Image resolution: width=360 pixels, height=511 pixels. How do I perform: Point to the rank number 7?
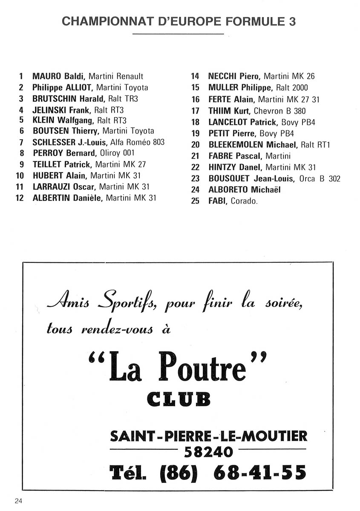[21, 142]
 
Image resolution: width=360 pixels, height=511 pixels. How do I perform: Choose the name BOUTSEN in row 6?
[50, 131]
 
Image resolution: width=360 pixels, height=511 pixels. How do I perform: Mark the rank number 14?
[195, 77]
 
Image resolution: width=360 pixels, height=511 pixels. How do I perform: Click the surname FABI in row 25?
[217, 201]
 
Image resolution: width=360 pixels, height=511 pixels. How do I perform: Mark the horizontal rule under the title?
[178, 34]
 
